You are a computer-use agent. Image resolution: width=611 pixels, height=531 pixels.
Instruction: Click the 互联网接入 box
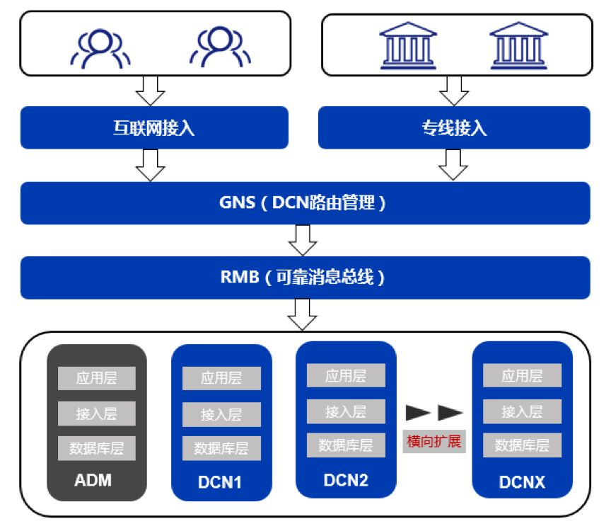153,128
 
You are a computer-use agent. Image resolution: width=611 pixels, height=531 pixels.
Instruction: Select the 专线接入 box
453,128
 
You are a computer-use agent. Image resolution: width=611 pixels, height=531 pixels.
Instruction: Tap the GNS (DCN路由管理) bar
304,203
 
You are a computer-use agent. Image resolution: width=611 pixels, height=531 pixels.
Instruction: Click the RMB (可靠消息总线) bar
304,278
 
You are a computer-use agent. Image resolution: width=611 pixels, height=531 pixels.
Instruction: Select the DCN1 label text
221,483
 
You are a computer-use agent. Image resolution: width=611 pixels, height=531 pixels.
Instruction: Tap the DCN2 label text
346,480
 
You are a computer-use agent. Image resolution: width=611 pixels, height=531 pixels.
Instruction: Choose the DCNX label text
522,483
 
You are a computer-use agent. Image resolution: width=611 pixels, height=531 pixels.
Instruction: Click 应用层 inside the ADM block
96,377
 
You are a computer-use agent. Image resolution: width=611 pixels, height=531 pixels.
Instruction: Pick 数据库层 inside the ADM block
96,448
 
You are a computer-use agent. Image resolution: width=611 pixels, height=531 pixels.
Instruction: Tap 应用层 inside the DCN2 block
346,375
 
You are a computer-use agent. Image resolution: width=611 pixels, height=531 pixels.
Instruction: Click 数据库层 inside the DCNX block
522,445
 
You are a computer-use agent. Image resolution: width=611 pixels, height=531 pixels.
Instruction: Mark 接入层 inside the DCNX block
522,411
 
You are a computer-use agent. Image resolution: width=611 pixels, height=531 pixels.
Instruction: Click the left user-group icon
99,49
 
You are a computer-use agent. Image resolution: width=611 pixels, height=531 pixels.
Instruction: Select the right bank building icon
519,45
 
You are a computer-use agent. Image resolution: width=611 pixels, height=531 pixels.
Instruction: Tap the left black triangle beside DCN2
419,412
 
